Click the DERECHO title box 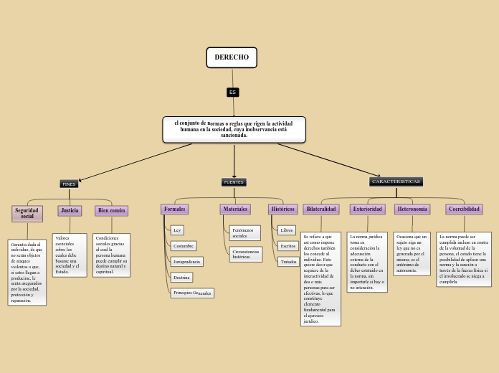click(x=232, y=57)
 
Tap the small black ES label click(x=232, y=93)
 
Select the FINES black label click(x=69, y=184)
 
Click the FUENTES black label click(x=234, y=182)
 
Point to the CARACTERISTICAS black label click(x=396, y=181)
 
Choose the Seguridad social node click(x=27, y=213)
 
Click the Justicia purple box click(x=70, y=211)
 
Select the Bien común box click(x=112, y=211)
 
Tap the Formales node click(x=175, y=209)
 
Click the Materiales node click(x=235, y=209)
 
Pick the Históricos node click(x=282, y=209)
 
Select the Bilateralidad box click(x=321, y=209)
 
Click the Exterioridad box click(x=368, y=209)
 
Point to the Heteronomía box click(x=412, y=209)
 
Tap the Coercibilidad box click(x=464, y=209)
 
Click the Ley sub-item click(x=177, y=230)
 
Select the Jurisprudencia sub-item click(x=186, y=262)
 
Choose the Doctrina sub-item click(x=182, y=277)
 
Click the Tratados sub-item click(x=289, y=262)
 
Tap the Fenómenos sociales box click(x=244, y=233)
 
